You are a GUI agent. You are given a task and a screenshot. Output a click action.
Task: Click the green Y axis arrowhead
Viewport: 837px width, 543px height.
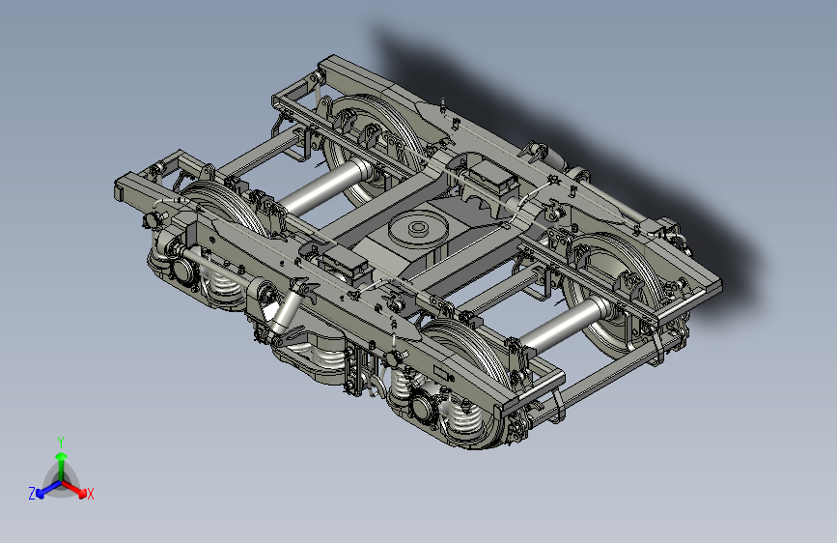point(62,456)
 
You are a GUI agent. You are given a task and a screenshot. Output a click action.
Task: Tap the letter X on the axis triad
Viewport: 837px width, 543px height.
point(90,494)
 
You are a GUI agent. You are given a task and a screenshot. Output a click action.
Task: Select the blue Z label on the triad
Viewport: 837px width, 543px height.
point(32,494)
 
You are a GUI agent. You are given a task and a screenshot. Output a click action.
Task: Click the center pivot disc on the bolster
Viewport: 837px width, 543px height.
point(418,228)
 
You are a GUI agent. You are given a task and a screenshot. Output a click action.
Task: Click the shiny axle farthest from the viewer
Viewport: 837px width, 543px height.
point(325,186)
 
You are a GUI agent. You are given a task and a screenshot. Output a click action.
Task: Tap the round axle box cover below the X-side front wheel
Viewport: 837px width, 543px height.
point(422,409)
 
